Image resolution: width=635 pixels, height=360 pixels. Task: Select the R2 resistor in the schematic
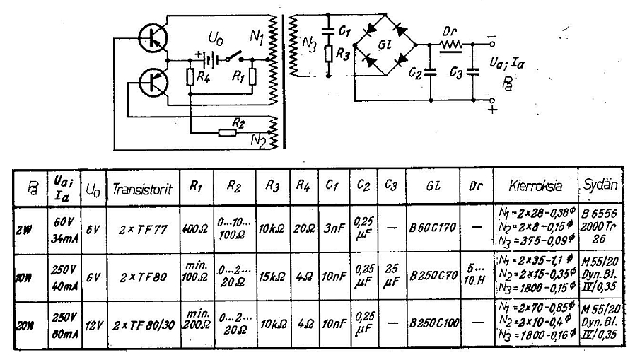coord(227,131)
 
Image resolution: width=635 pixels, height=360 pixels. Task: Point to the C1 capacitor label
coord(344,30)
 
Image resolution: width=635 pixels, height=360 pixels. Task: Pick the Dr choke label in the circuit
coord(450,33)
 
